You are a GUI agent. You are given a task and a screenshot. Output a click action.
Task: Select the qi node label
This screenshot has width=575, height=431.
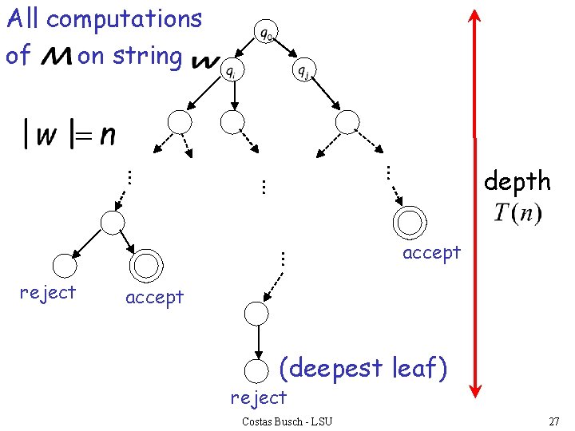click(229, 72)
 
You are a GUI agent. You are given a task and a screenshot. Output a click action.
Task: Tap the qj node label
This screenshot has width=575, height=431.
click(303, 72)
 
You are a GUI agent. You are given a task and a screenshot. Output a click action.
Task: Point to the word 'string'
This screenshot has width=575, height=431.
click(148, 56)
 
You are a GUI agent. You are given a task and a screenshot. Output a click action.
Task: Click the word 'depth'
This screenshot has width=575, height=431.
click(517, 182)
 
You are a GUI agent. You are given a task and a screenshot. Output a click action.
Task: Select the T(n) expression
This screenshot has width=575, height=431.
click(517, 214)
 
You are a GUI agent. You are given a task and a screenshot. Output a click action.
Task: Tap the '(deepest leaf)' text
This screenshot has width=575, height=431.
click(363, 368)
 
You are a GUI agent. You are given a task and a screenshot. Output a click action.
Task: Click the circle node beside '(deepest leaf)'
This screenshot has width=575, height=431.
click(256, 370)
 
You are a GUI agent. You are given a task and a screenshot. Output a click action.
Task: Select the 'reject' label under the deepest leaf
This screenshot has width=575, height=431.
click(258, 397)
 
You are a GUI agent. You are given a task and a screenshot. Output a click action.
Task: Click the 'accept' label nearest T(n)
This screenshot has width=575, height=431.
click(431, 253)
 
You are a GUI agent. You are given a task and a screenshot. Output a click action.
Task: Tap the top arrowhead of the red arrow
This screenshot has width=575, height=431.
click(474, 18)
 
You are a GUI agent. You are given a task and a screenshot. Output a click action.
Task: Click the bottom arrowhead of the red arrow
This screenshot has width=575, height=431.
click(474, 389)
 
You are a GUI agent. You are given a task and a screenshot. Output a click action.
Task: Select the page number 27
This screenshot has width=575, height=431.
click(553, 421)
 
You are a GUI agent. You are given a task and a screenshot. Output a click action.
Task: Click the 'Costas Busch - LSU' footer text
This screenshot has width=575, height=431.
click(287, 421)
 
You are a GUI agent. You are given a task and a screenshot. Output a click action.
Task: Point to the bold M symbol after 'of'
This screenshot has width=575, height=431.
click(53, 57)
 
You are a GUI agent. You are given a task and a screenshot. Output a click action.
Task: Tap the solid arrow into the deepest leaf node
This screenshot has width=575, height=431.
click(256, 342)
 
